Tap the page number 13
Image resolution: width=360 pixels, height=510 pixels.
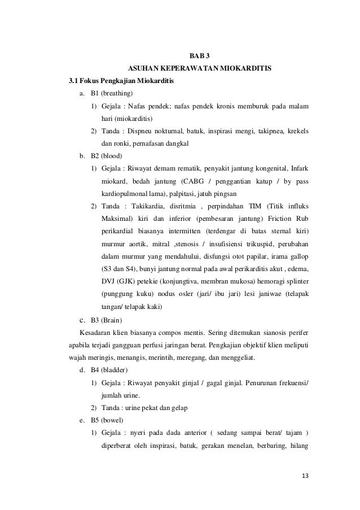[x=305, y=475]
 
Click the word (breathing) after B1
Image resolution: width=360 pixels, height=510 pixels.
[x=116, y=93]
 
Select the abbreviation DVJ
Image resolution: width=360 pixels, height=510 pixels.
[x=108, y=281]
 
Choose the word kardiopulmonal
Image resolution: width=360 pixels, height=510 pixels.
[x=124, y=193]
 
